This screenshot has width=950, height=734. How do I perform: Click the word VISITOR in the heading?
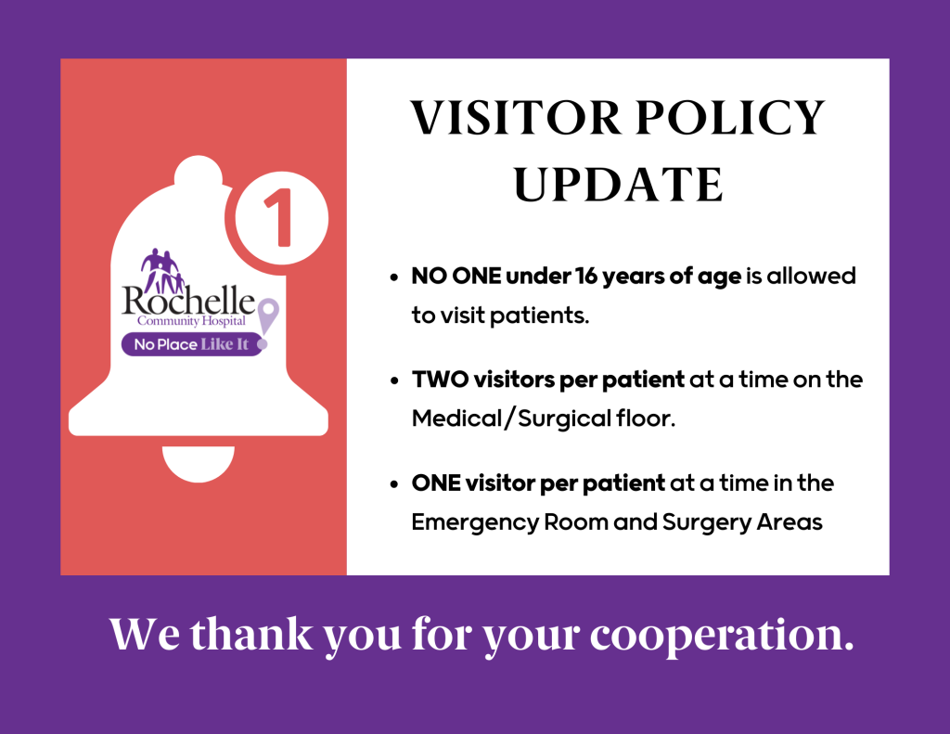(516, 117)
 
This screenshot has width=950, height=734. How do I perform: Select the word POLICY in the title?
(731, 117)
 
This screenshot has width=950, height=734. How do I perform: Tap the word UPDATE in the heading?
(618, 184)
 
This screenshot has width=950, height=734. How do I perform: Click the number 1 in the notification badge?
(279, 217)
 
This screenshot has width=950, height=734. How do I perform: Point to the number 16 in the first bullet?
(586, 276)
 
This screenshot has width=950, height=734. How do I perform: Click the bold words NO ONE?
(456, 276)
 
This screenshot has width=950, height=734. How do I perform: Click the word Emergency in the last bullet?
(475, 522)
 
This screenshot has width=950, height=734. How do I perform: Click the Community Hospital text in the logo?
(191, 321)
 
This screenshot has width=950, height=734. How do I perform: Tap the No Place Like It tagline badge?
(192, 344)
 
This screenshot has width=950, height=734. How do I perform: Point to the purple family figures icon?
(161, 269)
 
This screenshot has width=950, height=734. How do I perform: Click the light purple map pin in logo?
(268, 315)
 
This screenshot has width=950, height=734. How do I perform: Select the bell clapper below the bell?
(199, 463)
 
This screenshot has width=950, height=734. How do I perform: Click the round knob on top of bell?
(199, 173)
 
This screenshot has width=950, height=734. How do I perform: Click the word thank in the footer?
(250, 634)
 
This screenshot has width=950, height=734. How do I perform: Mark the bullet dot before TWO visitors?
(394, 380)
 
